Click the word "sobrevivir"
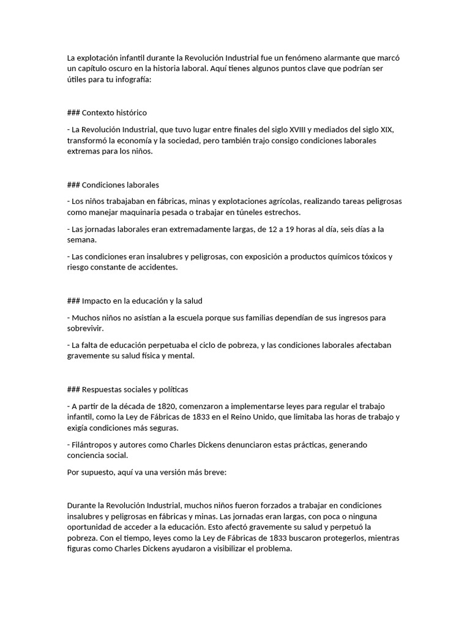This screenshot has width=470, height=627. point(84,329)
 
